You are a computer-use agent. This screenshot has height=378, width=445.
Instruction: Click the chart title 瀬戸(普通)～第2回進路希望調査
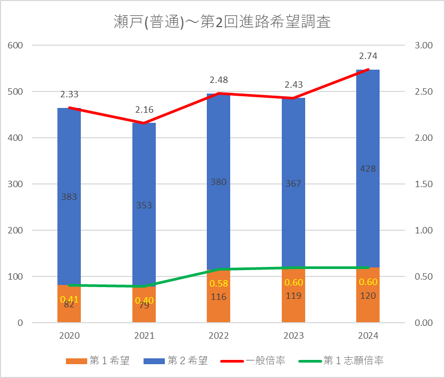(222, 22)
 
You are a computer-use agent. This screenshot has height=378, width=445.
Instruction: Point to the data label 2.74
(368, 56)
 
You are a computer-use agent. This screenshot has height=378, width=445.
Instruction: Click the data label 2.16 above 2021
(144, 110)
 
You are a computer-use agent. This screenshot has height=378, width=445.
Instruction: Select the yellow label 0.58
(219, 284)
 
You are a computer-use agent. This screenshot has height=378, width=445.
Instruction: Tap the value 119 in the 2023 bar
(293, 296)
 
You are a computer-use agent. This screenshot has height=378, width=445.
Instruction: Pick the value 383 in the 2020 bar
(69, 197)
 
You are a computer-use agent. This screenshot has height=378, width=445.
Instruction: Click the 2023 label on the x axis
(293, 336)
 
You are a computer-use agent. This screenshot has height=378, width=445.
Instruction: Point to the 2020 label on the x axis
(69, 336)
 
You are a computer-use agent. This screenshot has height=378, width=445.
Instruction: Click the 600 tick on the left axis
(16, 45)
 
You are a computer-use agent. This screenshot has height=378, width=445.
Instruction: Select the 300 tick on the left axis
(16, 184)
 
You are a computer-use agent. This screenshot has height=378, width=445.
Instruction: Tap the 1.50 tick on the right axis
(424, 184)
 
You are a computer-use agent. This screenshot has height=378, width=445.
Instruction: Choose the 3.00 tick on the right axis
(424, 45)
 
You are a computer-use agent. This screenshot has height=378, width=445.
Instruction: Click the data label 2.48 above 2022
(219, 80)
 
